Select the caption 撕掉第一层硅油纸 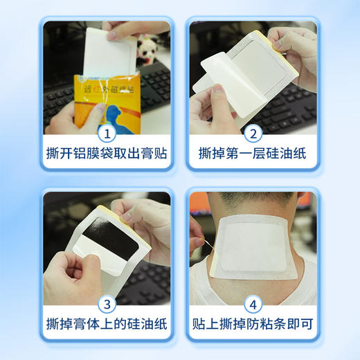coord(253,152)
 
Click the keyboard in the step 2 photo coord(291,111)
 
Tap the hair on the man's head coord(253,196)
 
